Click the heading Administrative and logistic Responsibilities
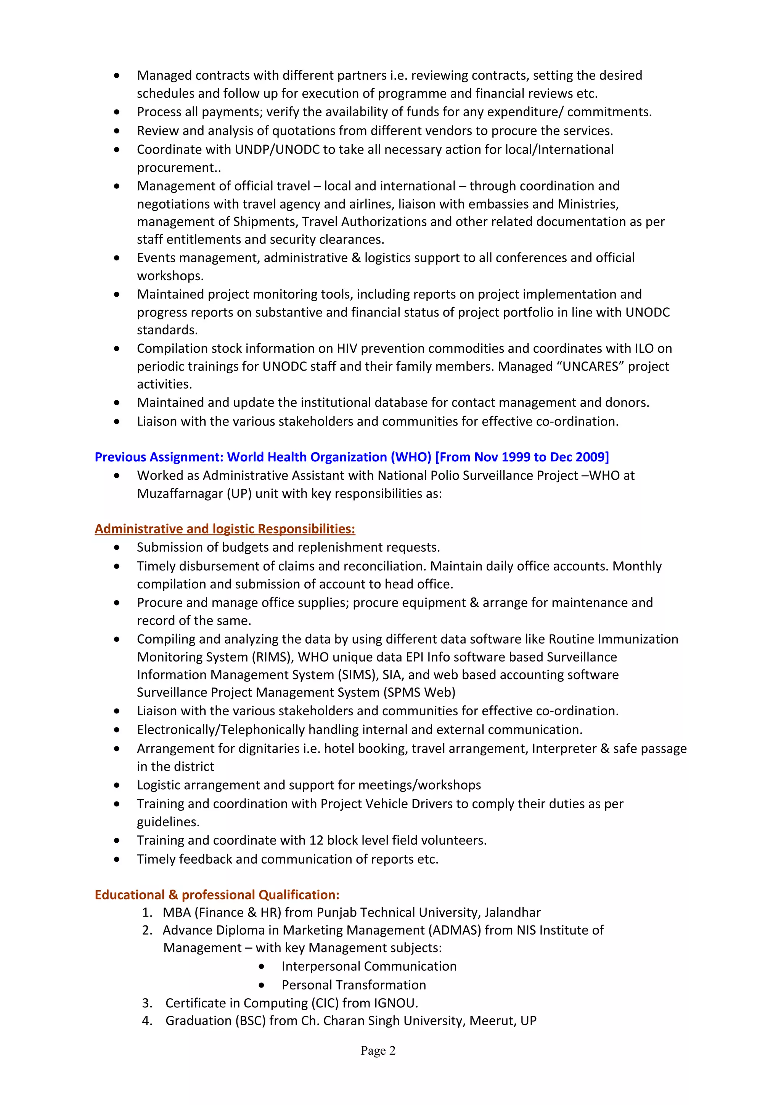pos(225,529)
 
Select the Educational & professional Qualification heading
pos(217,895)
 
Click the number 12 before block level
pos(316,840)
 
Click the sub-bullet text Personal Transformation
pos(354,985)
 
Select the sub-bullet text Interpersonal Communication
pos(369,966)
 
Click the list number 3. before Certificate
pos(147,1004)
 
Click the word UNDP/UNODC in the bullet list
pos(277,150)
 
